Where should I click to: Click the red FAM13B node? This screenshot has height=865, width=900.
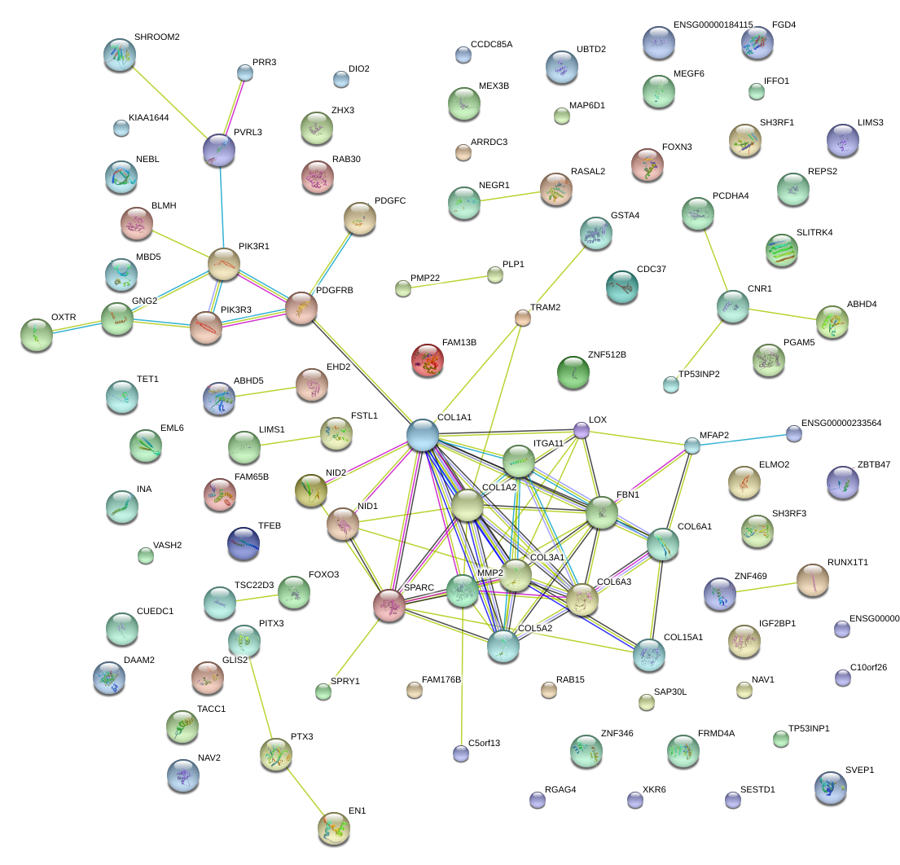pos(428,361)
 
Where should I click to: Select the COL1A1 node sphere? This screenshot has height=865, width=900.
pos(423,435)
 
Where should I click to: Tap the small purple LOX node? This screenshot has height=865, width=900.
pos(581,429)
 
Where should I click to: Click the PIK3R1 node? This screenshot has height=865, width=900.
pos(224,263)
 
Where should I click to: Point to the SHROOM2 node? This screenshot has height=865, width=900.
pos(120,54)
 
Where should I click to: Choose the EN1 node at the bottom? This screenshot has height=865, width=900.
pos(333,828)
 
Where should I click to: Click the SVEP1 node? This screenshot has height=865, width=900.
pos(830,787)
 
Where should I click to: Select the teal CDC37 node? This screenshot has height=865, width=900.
pos(622,286)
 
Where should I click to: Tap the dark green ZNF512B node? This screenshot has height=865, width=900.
pos(573,372)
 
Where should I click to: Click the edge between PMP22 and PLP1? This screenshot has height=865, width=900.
pos(449,281)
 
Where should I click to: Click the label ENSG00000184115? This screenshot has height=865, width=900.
pos(713,25)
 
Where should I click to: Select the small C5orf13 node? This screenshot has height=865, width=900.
pos(461,753)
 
